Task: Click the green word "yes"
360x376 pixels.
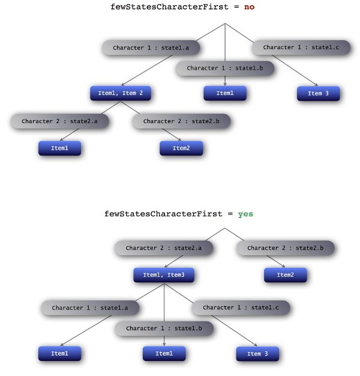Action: coord(245,214)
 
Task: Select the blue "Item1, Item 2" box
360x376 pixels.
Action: coord(121,94)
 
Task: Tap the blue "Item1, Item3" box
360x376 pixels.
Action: coord(164,276)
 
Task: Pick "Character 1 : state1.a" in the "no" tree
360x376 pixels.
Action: coord(151,47)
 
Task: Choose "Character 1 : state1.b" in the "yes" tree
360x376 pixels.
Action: coord(164,329)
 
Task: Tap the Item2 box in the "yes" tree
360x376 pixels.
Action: coord(286,275)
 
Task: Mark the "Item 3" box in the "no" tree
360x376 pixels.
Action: coord(318,94)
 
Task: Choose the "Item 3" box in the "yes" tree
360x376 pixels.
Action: coord(258,354)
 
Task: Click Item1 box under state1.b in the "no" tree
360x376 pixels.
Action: coord(225,93)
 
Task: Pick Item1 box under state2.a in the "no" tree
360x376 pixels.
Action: coord(59,148)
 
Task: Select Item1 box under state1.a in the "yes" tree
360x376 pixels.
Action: coord(59,354)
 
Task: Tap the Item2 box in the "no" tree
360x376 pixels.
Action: coord(181,148)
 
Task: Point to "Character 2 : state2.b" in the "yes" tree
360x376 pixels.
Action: coord(285,247)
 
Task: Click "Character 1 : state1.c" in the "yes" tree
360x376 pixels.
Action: coord(241,308)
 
